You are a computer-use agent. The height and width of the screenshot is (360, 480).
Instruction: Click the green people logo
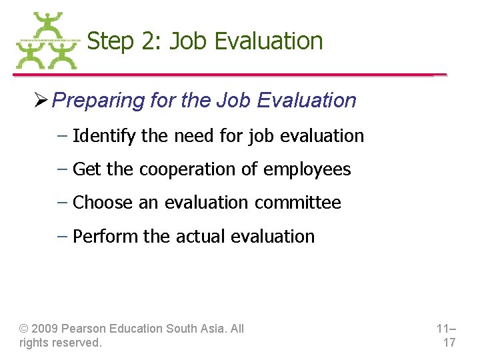pyautogui.click(x=46, y=41)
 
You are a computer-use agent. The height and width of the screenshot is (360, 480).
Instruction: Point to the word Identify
pyautogui.click(x=104, y=136)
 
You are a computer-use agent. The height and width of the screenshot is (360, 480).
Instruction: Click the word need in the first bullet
pyautogui.click(x=191, y=136)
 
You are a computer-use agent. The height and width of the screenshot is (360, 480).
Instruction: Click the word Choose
pyautogui.click(x=103, y=203)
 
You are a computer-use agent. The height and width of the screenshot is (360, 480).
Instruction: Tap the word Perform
pyautogui.click(x=103, y=236)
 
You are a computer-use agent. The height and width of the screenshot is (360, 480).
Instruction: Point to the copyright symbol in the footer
pyautogui.click(x=24, y=329)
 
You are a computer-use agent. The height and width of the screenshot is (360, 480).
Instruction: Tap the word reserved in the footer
pyautogui.click(x=79, y=343)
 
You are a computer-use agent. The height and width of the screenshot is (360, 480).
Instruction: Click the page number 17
pyautogui.click(x=449, y=343)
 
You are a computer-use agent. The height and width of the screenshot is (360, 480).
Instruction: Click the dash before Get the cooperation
pyautogui.click(x=61, y=169)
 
